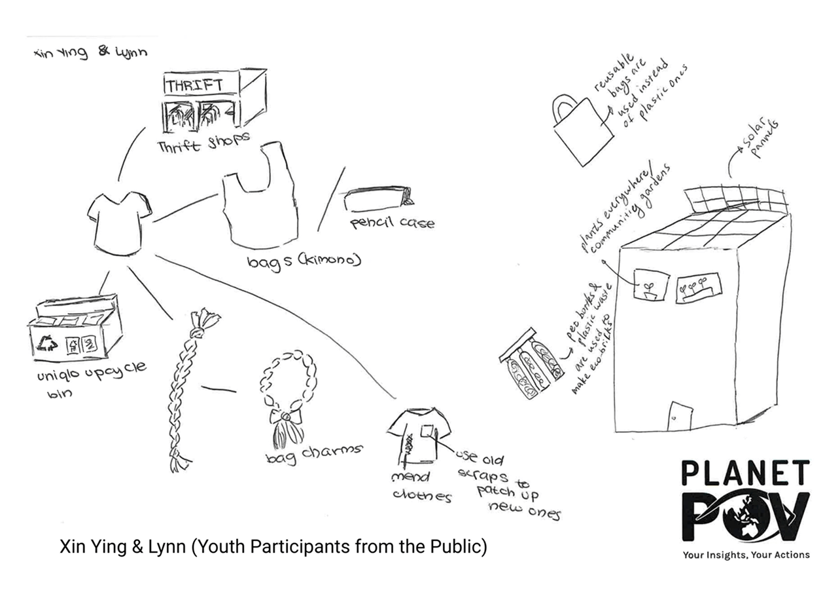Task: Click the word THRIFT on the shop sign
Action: point(194,86)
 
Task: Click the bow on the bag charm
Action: point(286,416)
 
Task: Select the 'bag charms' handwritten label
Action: point(314,453)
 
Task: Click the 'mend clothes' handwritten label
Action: point(419,486)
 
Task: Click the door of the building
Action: point(680,413)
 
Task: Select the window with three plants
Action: point(697,287)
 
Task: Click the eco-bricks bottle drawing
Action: point(531,367)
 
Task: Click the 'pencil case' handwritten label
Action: point(392,223)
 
